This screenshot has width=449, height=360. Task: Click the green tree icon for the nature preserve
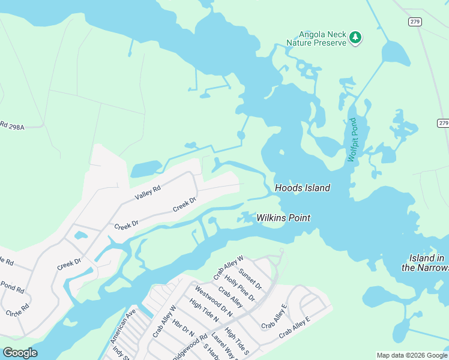pos(355,38)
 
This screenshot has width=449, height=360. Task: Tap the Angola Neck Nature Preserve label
pos(316,38)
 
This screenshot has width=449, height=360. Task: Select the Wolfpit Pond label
pos(352,140)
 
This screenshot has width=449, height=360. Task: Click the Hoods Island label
pos(303,188)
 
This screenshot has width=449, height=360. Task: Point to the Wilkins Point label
pos(283,218)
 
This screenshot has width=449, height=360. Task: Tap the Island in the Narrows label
pos(423,263)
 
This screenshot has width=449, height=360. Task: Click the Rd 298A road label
pos(11,126)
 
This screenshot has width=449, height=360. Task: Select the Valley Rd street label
pos(148,193)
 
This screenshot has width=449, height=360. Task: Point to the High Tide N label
pos(204,311)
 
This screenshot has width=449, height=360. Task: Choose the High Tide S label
pos(237,340)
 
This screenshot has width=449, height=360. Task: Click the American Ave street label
pos(123,326)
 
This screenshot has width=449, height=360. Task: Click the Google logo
pos(20,353)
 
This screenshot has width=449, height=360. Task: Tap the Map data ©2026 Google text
pos(412,355)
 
